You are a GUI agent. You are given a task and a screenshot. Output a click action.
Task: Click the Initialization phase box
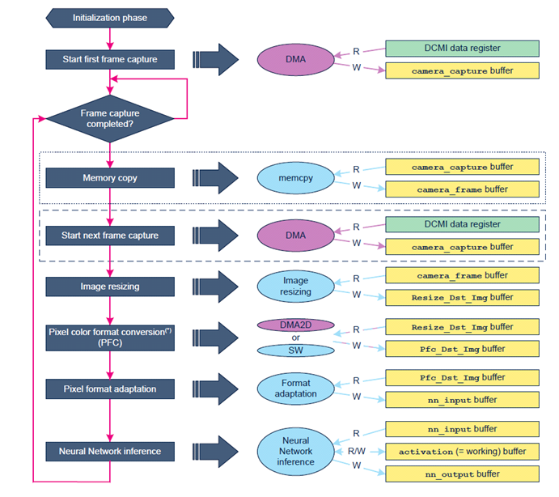point(110,18)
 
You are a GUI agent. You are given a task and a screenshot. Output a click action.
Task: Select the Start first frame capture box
point(110,59)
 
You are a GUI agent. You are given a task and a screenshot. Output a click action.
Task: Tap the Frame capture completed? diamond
point(110,118)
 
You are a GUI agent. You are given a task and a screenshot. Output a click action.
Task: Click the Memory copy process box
point(110,178)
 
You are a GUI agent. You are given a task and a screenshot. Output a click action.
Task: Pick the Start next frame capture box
point(110,236)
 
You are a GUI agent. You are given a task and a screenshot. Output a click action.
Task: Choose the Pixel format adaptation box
point(110,389)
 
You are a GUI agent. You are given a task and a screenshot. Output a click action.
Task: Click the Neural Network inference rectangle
point(110,452)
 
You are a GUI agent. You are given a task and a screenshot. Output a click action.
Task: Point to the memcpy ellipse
point(295,178)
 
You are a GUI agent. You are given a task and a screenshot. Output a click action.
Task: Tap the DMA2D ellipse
point(295,325)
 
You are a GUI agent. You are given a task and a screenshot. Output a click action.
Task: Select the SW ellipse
point(295,350)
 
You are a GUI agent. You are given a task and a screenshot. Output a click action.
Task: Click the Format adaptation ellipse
point(295,389)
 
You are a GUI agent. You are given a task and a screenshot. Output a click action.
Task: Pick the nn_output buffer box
point(462,474)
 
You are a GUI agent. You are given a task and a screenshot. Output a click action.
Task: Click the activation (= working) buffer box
point(462,452)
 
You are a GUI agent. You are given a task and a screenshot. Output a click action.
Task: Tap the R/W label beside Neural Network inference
point(357,452)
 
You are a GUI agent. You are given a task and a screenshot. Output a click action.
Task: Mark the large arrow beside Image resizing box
point(215,287)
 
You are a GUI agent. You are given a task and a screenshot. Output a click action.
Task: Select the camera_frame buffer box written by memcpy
point(462,189)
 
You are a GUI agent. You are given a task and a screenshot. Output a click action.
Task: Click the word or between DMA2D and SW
point(295,338)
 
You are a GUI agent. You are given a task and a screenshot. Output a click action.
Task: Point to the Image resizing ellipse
point(295,287)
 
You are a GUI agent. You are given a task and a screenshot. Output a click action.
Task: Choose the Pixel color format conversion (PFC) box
point(110,338)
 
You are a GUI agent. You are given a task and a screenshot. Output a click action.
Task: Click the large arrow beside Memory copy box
point(215,178)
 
